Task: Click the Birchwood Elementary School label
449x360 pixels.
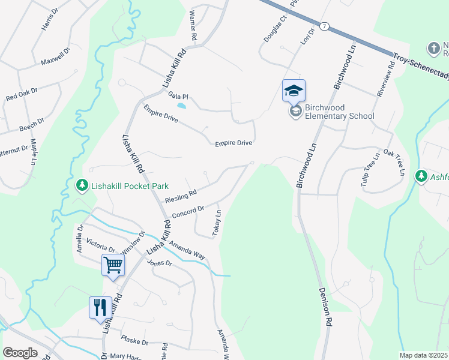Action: click(339, 112)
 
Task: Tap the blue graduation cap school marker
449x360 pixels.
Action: click(294, 91)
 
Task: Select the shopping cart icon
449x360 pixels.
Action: click(113, 265)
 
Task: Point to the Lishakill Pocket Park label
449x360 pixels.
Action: click(130, 186)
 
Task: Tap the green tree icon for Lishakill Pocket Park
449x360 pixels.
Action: click(82, 186)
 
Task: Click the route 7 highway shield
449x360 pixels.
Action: click(324, 26)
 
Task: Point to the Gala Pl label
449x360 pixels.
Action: click(178, 97)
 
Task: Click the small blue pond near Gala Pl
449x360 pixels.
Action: click(181, 107)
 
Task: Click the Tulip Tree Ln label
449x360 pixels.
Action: click(370, 172)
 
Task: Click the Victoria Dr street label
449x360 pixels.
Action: click(101, 247)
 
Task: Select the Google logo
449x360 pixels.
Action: click(20, 353)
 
